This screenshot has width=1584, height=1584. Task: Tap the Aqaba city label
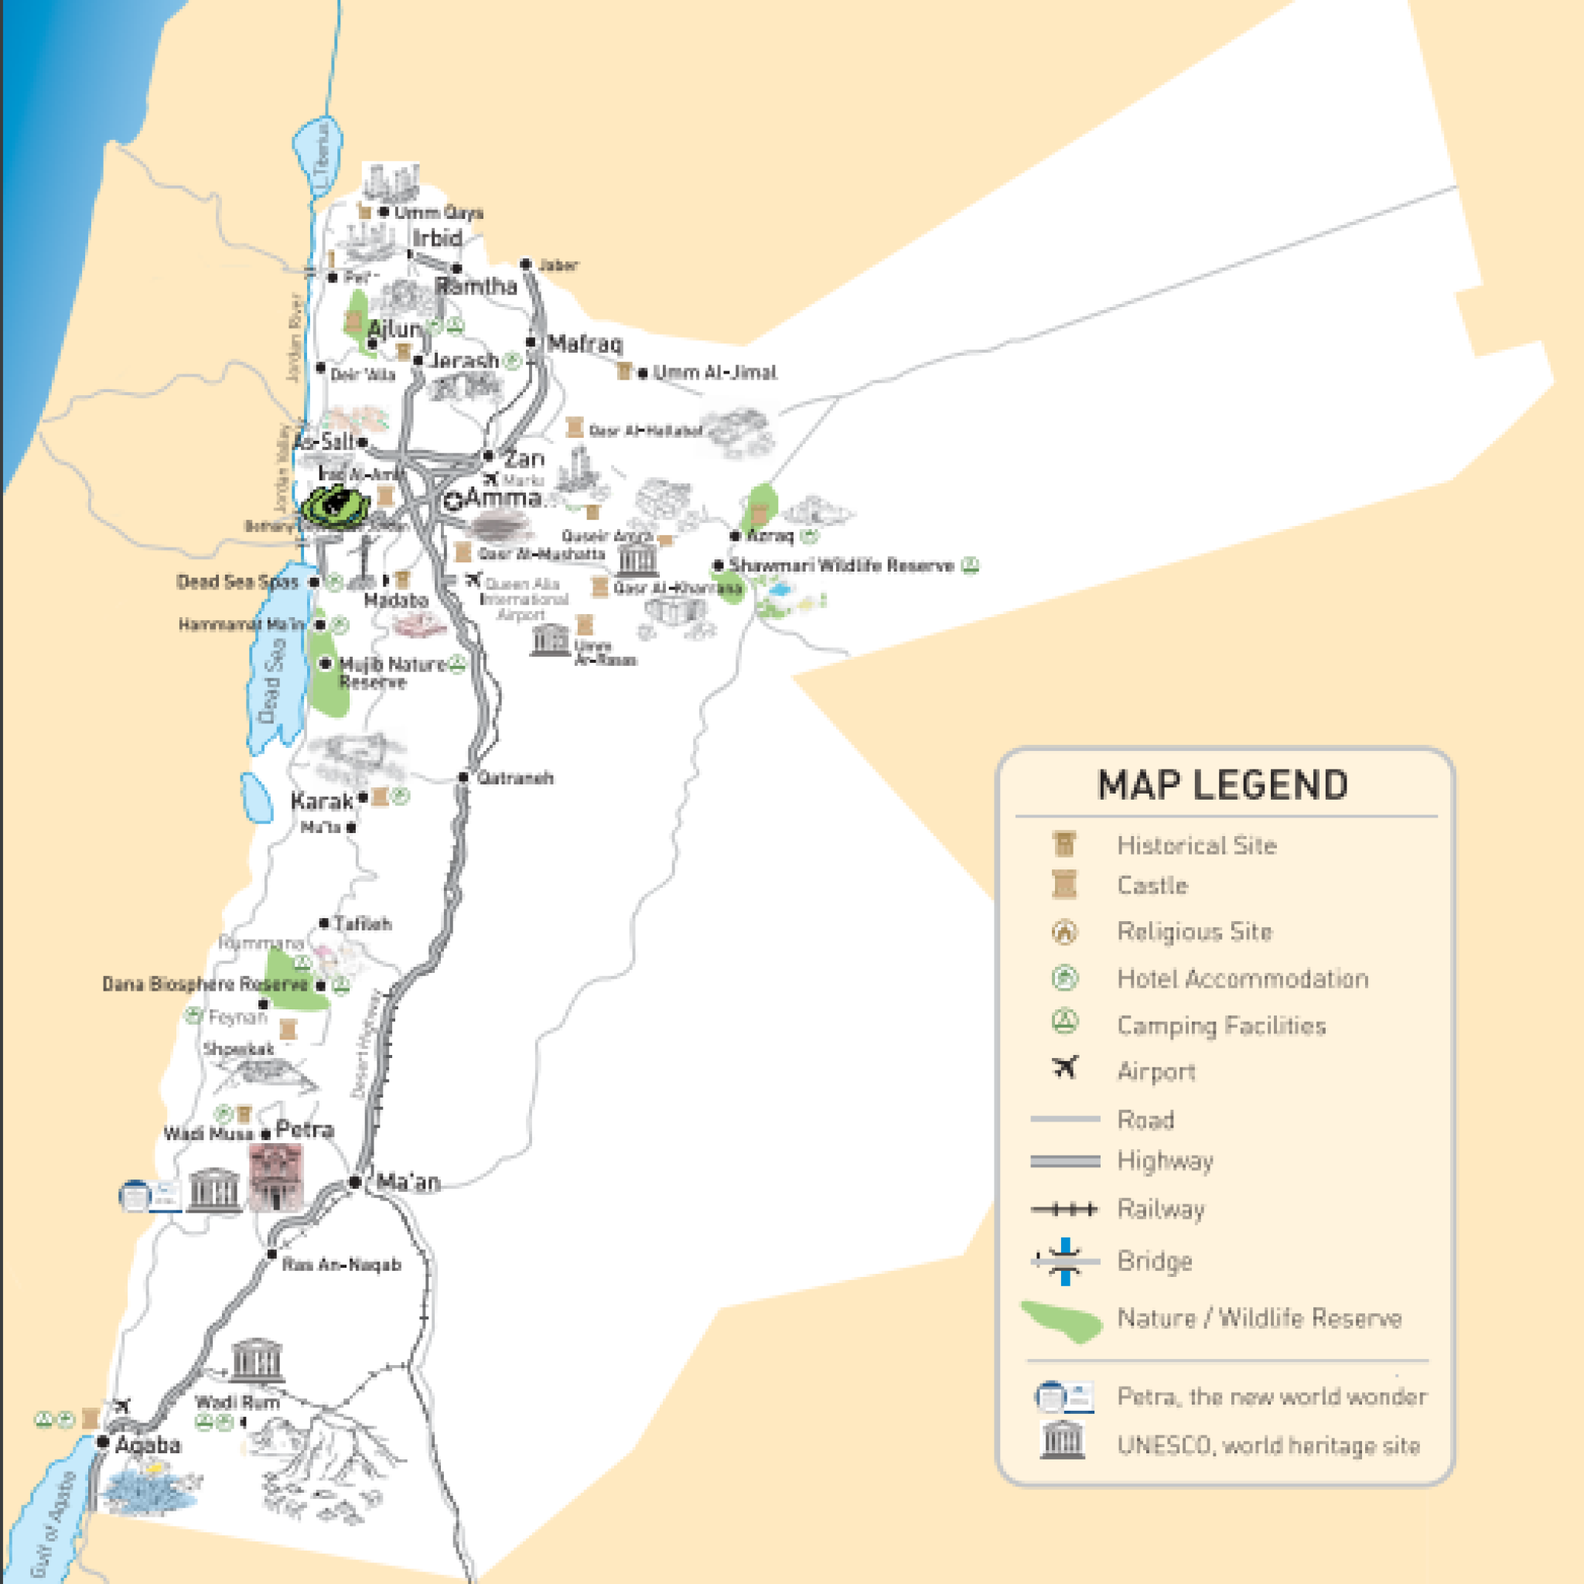(148, 1445)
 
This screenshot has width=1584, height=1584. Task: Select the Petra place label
(304, 1130)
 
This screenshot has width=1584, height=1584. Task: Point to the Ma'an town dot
(354, 1182)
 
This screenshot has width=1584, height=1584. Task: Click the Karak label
(323, 801)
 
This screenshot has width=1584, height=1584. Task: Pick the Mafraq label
(585, 343)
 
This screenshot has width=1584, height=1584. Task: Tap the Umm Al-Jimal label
(714, 372)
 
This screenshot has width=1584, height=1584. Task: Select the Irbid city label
(437, 238)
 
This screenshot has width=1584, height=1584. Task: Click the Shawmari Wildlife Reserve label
(841, 565)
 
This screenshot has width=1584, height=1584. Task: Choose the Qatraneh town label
(515, 777)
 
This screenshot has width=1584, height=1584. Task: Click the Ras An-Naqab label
(341, 1265)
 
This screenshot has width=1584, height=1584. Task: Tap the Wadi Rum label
(237, 1402)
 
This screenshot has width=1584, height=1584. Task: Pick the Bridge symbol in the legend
(1064, 1261)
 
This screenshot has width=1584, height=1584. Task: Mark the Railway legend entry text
(1160, 1210)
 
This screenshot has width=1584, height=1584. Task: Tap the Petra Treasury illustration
(275, 1177)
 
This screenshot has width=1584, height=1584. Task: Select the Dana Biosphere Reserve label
(205, 984)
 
